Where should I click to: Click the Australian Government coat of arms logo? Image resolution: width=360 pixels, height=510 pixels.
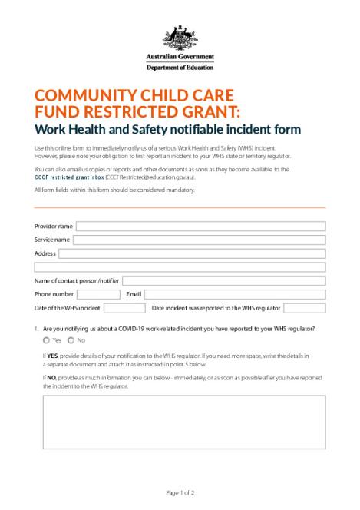pos(180,37)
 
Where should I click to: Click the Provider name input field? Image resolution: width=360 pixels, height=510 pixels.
pos(200,227)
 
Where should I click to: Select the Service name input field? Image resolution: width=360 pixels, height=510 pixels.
pos(199,240)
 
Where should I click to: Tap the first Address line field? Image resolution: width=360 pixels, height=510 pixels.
pos(192,253)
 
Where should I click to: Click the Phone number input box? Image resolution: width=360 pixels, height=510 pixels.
pos(98,294)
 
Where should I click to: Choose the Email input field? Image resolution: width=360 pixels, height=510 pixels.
pos(235,294)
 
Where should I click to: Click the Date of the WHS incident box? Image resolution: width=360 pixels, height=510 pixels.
pos(124,308)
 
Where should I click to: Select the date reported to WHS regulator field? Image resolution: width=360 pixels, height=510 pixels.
pos(304,308)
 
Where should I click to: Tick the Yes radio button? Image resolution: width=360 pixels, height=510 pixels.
pos(47,340)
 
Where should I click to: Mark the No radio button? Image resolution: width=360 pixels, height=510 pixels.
pos(71,340)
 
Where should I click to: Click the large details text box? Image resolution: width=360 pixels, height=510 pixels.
pos(183,422)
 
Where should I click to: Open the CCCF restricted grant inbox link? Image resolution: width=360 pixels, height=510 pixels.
pos(69,177)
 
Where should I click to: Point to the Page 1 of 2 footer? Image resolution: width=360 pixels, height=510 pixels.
pos(180,492)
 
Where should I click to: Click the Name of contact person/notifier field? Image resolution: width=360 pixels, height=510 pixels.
pos(223,281)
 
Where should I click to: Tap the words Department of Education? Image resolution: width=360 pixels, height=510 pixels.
pos(180,68)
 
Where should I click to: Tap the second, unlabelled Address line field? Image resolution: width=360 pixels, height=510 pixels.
pos(180,267)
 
